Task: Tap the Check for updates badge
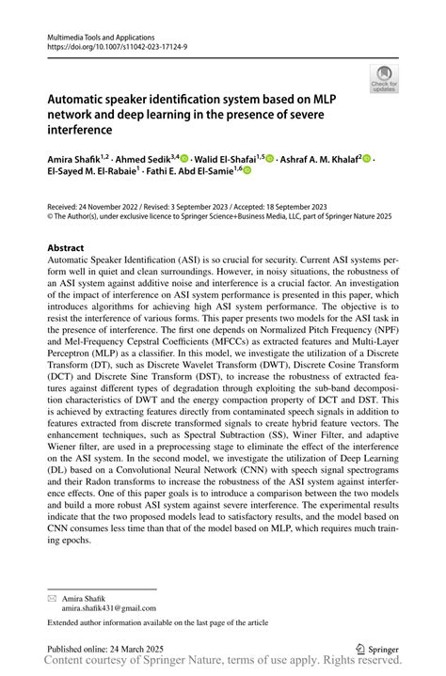[x=385, y=79]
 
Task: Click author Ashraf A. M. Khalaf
[x=320, y=159]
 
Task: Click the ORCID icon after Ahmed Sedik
[x=184, y=159]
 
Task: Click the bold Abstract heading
[x=66, y=248]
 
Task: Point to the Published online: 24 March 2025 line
[x=106, y=649]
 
